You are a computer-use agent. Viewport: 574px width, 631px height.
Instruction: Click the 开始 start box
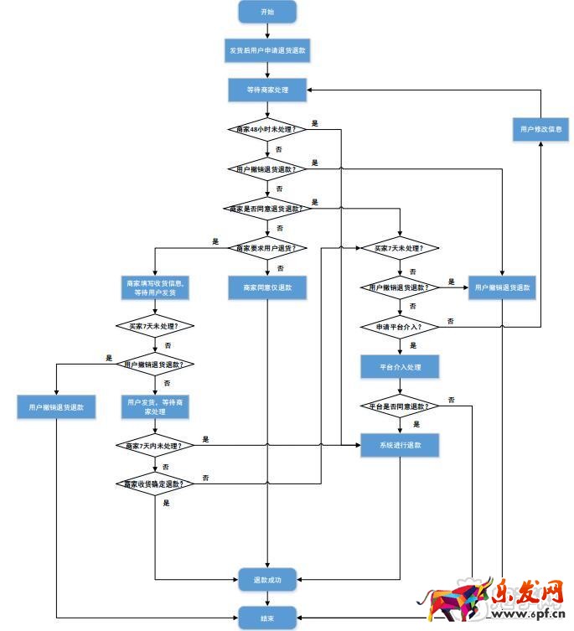coord(267,12)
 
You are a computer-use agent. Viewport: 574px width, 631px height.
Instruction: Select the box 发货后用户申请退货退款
coord(267,50)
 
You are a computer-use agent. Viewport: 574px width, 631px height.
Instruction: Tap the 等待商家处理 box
coord(267,89)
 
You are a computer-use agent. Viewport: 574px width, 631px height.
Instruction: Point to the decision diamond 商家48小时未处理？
coord(267,128)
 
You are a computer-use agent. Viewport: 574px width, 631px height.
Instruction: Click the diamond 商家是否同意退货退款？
coord(267,207)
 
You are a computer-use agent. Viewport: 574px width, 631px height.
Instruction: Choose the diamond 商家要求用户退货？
coord(267,248)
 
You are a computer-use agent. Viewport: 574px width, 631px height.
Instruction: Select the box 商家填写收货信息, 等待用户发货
coord(156,287)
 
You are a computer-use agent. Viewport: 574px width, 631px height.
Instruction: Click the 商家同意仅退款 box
coord(267,287)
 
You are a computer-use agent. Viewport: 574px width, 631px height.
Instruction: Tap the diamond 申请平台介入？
coord(400,325)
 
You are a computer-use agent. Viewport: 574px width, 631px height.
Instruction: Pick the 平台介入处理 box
coord(400,366)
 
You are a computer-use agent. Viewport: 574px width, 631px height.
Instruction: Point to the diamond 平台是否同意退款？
coord(400,406)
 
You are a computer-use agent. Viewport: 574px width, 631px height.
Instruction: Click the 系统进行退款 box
coord(400,444)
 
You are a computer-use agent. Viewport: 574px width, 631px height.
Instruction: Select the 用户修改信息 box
coord(540,129)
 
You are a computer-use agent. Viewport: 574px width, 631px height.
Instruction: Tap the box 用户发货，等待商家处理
coord(156,406)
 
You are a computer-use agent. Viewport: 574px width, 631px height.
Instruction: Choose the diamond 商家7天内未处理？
coord(156,444)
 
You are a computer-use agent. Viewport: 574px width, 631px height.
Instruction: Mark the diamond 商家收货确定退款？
coord(156,484)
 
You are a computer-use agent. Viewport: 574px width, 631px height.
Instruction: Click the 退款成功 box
coord(267,578)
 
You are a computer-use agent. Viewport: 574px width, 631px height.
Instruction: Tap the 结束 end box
coord(267,618)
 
